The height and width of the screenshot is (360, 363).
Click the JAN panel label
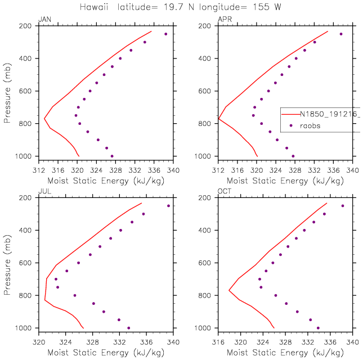[43, 20]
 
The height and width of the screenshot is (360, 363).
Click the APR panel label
[223, 20]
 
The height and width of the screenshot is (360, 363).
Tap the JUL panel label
[43, 192]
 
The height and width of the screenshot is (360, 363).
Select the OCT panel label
[224, 192]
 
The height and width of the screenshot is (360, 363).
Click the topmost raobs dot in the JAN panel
[166, 34]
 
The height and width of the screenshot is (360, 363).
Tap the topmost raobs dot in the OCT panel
[342, 206]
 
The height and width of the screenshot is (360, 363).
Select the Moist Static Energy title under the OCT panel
[285, 353]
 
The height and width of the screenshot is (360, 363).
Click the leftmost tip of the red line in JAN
[44, 118]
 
